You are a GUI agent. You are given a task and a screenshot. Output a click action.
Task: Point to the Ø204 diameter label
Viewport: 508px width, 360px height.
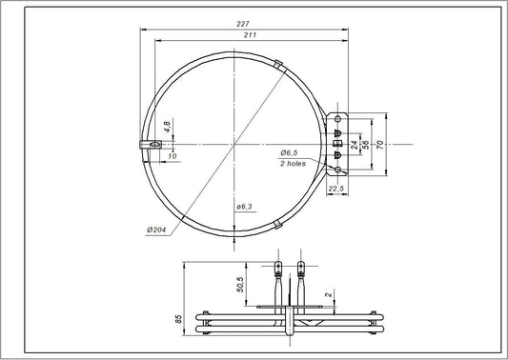click(158, 230)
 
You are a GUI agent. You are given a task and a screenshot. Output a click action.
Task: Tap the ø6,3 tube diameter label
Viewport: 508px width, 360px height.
click(242, 207)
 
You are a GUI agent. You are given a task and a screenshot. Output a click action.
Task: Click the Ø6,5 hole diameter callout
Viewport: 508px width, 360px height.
click(291, 153)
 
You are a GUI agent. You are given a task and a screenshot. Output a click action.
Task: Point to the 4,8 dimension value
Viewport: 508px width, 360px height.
click(167, 125)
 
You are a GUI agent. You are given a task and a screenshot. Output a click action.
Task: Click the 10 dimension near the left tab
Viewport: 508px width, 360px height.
click(172, 154)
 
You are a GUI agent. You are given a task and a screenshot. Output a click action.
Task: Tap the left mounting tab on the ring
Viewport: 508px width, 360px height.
click(150, 144)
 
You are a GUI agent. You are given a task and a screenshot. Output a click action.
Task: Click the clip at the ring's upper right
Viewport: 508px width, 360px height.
click(276, 64)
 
